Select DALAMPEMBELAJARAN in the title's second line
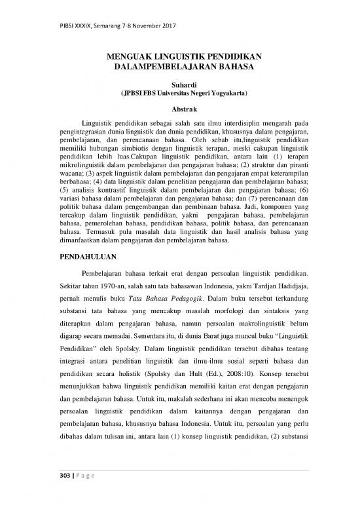[165, 67]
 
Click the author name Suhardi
[179, 85]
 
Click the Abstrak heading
[179, 109]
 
